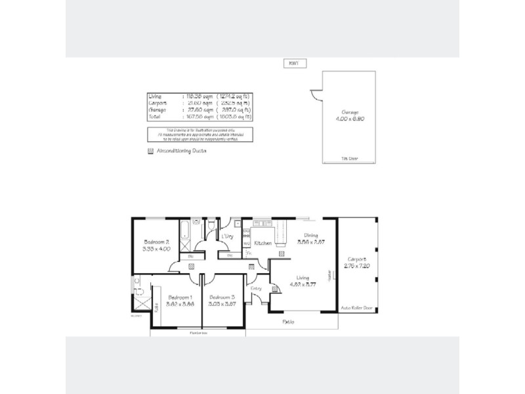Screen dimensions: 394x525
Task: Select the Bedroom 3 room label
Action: click(x=222, y=297)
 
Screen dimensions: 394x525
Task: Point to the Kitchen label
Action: click(x=262, y=243)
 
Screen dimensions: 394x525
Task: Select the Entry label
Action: click(x=256, y=288)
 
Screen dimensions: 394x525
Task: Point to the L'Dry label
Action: click(x=228, y=236)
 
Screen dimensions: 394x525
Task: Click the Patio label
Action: click(x=288, y=322)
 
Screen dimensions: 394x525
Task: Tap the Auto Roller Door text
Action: click(x=357, y=307)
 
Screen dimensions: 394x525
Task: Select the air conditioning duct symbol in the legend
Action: click(x=150, y=150)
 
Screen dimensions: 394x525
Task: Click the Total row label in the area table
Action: click(x=155, y=116)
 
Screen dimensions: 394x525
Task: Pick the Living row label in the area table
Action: click(x=156, y=97)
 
